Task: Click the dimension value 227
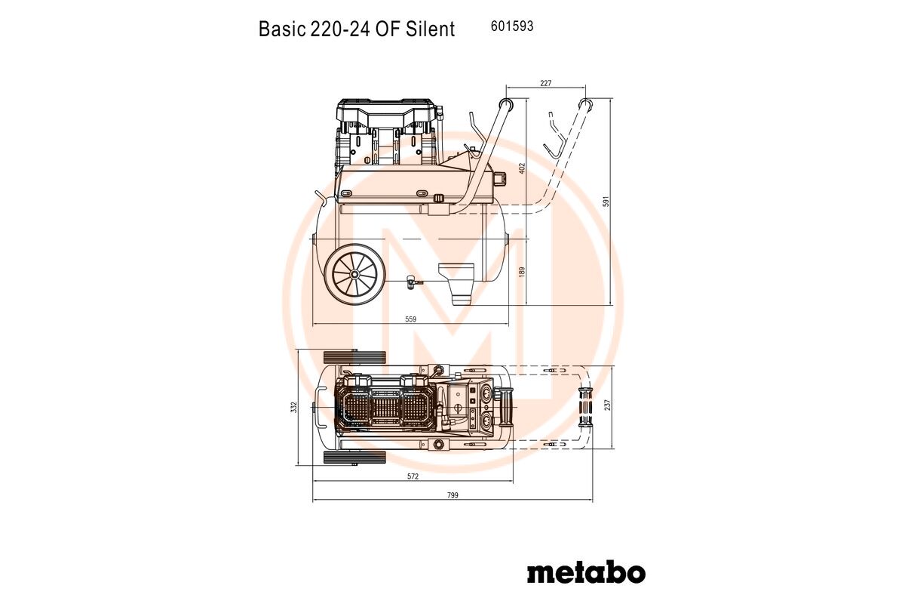[x=545, y=83]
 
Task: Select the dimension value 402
[x=522, y=168]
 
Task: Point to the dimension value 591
[x=606, y=202]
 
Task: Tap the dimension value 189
[x=522, y=272]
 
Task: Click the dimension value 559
[x=410, y=319]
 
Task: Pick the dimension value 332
[x=294, y=407]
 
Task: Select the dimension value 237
[x=608, y=405]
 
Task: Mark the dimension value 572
[x=413, y=476]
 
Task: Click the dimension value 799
[x=453, y=495]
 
